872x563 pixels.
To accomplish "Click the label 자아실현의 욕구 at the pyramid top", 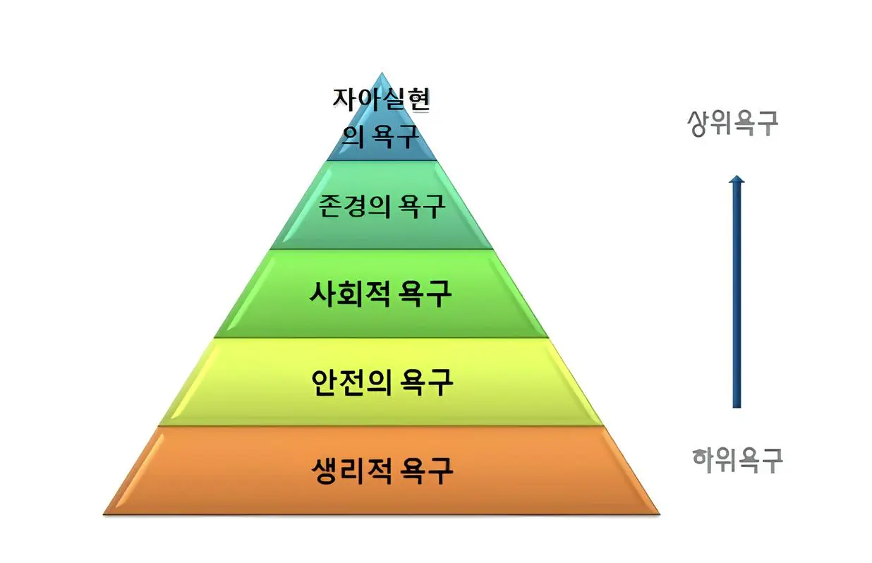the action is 381,116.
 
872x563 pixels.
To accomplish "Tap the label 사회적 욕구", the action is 380,293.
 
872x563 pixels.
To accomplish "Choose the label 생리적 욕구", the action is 382,469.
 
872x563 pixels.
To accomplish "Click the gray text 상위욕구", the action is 732,123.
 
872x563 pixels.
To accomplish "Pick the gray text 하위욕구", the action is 737,460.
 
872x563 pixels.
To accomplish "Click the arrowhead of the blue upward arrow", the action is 737,181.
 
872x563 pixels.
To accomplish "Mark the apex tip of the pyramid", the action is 382,73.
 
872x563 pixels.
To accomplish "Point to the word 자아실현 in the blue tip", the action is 381,99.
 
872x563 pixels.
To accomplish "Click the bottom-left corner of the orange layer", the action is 105,513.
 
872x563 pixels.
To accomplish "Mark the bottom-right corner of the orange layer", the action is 660,513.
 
